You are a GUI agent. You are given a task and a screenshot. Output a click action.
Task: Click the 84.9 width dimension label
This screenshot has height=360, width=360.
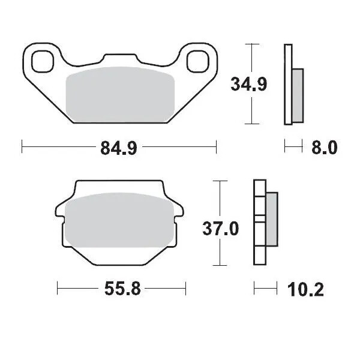[119, 146]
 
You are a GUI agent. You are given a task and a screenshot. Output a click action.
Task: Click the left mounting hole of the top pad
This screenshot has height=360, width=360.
[43, 61]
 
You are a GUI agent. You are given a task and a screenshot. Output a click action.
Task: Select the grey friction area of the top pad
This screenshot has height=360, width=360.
[119, 95]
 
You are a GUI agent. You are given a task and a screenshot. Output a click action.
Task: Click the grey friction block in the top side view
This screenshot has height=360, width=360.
[298, 94]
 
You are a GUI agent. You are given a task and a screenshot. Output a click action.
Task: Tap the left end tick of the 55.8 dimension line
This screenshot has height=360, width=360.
[57, 290]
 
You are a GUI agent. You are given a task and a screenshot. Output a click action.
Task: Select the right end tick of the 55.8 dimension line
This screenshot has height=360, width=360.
[185, 290]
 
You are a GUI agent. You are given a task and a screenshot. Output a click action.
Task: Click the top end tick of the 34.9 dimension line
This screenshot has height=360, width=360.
[253, 45]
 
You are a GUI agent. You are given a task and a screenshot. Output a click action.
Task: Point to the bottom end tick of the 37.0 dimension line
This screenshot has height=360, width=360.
[221, 266]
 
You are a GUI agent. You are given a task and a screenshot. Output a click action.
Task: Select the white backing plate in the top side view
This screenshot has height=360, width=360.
[289, 85]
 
